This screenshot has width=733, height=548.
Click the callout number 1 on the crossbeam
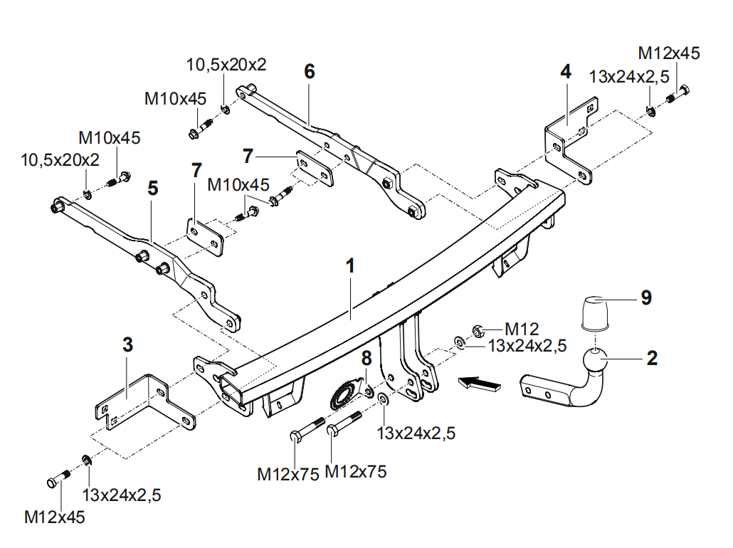pyautogui.click(x=350, y=266)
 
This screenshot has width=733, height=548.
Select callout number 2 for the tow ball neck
pyautogui.click(x=652, y=358)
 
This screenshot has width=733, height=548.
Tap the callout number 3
pyautogui.click(x=127, y=345)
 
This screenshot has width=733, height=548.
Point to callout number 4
pyautogui.click(x=566, y=71)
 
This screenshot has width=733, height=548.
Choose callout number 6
pyautogui.click(x=309, y=71)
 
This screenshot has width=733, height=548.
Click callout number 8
pyautogui.click(x=366, y=358)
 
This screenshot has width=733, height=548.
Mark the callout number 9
pyautogui.click(x=645, y=297)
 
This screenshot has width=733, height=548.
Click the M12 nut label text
pyautogui.click(x=522, y=329)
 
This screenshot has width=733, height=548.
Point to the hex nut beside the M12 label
pyautogui.click(x=478, y=330)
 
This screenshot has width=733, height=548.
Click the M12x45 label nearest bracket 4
pyautogui.click(x=668, y=53)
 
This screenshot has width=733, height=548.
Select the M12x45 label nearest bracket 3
pyautogui.click(x=55, y=517)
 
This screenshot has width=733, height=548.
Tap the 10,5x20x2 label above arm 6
pyautogui.click(x=226, y=65)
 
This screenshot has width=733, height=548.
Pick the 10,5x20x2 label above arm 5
pyautogui.click(x=60, y=160)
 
